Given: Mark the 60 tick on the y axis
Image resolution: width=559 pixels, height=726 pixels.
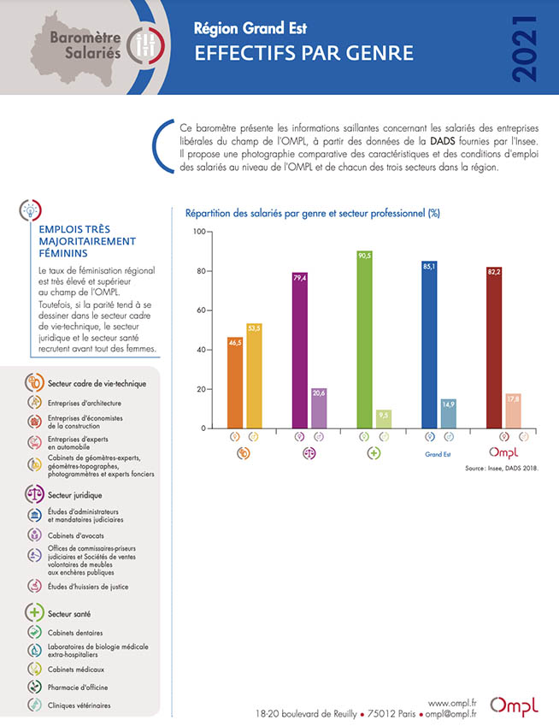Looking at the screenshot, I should (x=199, y=310).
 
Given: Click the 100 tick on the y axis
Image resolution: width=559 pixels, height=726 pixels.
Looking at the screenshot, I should (x=198, y=232).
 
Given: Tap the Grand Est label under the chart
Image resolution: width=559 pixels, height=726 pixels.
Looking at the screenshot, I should (x=438, y=454).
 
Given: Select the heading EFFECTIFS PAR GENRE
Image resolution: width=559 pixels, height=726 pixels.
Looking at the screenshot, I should (x=303, y=54).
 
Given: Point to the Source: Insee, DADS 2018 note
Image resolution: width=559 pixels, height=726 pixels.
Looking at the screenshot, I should (x=503, y=469).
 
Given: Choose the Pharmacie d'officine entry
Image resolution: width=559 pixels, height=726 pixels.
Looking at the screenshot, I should (x=78, y=687).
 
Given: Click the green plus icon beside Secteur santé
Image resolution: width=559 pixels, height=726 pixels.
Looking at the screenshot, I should (x=34, y=613).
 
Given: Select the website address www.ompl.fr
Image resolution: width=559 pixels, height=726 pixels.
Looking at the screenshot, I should (x=452, y=703).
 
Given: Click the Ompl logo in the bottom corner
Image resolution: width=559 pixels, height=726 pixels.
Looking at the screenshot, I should (x=515, y=705).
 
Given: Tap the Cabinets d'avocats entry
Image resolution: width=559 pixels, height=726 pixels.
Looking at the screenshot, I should (x=76, y=535).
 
